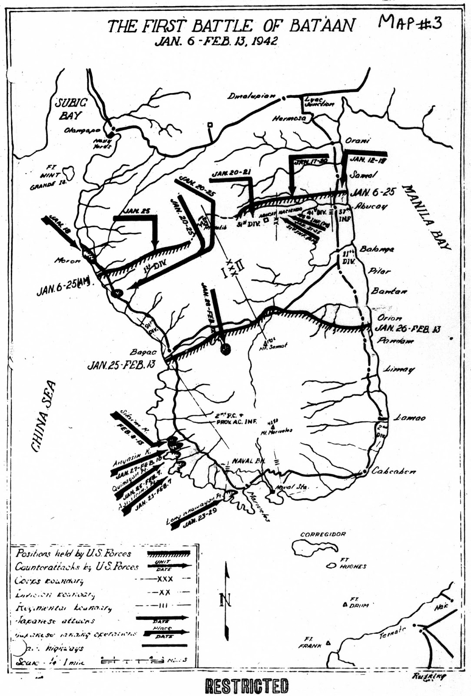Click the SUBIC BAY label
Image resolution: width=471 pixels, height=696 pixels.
pos(70,109)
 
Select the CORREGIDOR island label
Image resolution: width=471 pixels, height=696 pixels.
pos(323,534)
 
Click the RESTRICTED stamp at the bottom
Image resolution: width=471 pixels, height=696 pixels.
pos(246,686)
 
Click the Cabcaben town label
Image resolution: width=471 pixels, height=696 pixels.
pos(394,471)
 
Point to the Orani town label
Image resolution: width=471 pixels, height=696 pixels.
pos(357,141)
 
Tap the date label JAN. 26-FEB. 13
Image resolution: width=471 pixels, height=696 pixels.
pos(407,328)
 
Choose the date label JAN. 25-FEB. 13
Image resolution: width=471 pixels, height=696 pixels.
pos(121,365)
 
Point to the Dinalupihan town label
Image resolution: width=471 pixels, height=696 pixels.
pos(252,96)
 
